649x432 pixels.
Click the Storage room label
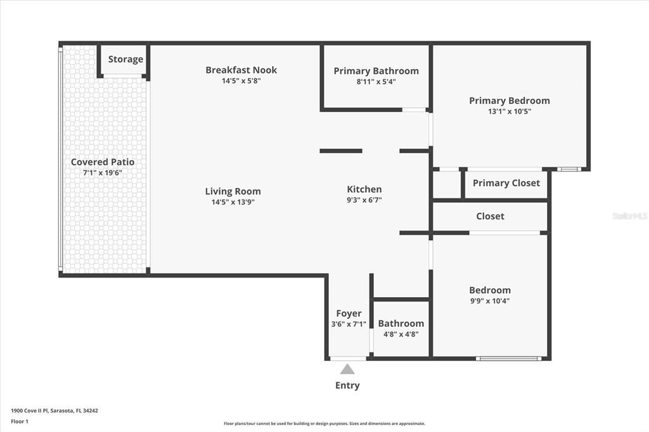[x=125, y=59]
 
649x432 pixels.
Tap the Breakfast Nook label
[x=241, y=70]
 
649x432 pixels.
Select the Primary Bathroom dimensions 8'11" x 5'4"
[x=376, y=82]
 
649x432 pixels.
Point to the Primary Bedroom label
[x=509, y=100]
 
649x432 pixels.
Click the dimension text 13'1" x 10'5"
[x=509, y=111]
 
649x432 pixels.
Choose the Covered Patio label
[x=103, y=162]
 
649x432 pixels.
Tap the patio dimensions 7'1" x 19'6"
[x=103, y=172]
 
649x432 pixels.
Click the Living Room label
[x=233, y=191]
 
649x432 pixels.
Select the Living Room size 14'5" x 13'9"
[x=233, y=203]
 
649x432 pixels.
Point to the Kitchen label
[x=364, y=189]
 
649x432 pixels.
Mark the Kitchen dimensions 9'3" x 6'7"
[x=364, y=200]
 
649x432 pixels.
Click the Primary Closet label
[x=506, y=183]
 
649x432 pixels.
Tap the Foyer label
[x=349, y=313]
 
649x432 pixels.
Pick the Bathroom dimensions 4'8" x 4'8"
[x=401, y=334]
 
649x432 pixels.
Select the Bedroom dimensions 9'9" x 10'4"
[x=489, y=301]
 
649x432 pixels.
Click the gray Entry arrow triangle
[x=347, y=369]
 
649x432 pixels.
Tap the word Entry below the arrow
[x=347, y=385]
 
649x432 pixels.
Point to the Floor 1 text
[x=20, y=421]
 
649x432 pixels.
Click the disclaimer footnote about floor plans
[x=324, y=424]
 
